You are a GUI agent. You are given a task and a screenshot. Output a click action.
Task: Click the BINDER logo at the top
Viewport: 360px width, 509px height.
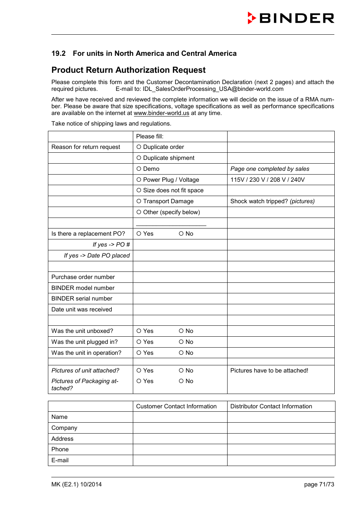(291, 18)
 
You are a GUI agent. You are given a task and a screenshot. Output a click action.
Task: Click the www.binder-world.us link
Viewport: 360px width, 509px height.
(161, 113)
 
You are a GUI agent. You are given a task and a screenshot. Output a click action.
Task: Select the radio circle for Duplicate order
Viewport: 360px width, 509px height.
(139, 147)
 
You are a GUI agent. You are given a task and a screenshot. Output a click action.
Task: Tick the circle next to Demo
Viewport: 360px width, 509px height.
(139, 169)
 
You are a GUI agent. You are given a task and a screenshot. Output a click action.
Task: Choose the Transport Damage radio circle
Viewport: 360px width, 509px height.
(139, 201)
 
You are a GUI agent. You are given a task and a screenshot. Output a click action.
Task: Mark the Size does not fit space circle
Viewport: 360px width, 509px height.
(139, 190)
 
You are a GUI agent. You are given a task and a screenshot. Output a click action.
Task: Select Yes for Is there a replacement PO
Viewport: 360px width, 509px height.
(139, 234)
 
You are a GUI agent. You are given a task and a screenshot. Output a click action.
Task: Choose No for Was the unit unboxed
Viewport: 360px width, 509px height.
(181, 331)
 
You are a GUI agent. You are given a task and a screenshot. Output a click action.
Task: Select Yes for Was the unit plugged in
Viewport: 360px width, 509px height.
(139, 342)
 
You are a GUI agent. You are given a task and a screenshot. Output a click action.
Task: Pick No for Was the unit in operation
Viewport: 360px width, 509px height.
(181, 353)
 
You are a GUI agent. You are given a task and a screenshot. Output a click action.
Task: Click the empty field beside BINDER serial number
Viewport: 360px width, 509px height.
(180, 299)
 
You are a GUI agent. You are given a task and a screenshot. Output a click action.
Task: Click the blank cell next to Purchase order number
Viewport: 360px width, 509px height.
(180, 277)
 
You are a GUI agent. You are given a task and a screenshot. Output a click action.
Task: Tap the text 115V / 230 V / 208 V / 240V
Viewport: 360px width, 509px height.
(267, 180)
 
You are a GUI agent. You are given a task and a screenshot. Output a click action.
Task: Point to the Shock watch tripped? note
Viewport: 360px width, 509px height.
(272, 201)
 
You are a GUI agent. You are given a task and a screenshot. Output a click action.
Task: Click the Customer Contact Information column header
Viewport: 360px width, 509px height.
(176, 406)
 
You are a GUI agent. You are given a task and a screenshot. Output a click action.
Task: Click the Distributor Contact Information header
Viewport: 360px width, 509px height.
(271, 406)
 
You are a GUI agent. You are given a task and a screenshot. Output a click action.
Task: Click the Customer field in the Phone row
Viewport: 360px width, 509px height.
(180, 449)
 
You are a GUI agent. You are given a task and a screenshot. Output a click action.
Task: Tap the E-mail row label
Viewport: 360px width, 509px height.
(60, 460)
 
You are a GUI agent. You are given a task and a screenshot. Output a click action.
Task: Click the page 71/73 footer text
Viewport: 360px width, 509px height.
(319, 484)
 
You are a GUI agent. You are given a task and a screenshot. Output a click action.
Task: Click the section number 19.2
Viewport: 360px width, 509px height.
(58, 54)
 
